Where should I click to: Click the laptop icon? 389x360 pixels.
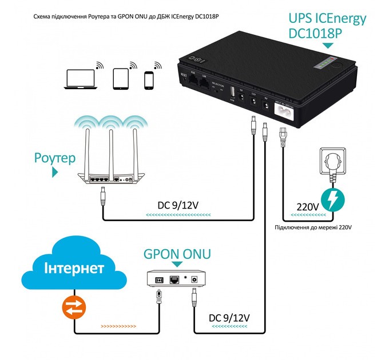point(80,78)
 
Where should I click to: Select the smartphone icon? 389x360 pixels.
point(149,79)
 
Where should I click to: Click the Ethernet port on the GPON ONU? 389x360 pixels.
point(175,279)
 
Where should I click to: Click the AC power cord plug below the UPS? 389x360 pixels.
point(281,137)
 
